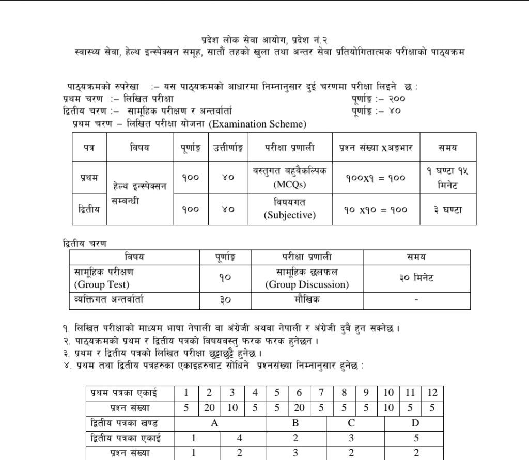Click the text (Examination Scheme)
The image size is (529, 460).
point(258,124)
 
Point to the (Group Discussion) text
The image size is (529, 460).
point(307,284)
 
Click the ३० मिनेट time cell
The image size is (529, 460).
point(416,278)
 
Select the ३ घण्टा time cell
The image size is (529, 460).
point(447,210)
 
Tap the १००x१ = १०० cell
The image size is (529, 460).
point(376,178)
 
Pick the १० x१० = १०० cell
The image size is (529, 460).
point(376,210)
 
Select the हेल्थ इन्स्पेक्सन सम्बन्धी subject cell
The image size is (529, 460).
point(139,194)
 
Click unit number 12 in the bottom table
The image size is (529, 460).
point(432,393)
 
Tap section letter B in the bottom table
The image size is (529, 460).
point(295,423)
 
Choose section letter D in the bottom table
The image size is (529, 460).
point(415,423)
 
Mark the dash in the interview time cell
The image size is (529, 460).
point(416,299)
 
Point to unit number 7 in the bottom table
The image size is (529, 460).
point(321,393)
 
